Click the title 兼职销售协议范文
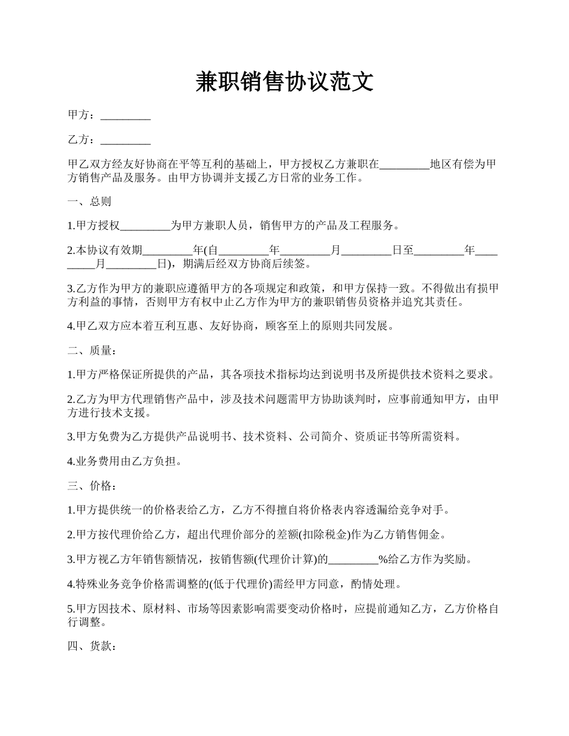point(284,82)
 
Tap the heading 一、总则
point(89,202)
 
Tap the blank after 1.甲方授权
point(146,226)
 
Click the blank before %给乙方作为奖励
point(353,560)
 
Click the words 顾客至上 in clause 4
point(286,326)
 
